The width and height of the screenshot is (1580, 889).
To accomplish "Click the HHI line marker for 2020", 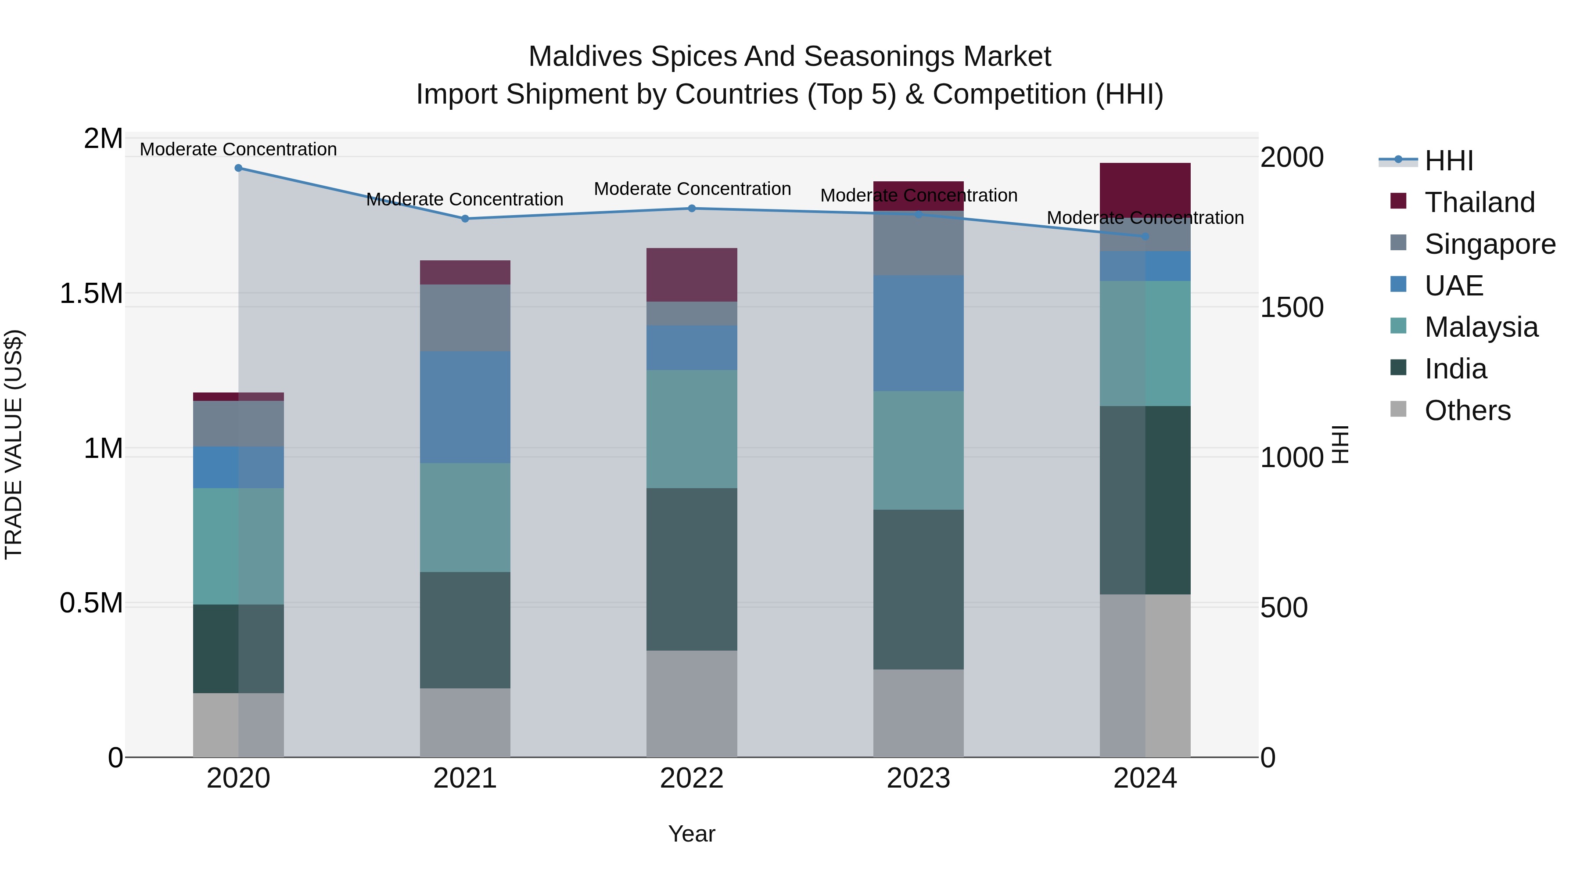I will (239, 168).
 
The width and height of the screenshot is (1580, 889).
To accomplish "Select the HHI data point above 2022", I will (692, 209).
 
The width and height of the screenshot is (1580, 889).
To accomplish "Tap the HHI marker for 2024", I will (1145, 236).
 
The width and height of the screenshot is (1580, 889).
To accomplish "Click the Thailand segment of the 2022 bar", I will (692, 274).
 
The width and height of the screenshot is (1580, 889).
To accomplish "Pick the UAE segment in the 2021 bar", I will (465, 407).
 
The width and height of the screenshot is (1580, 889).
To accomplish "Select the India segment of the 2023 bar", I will (918, 589).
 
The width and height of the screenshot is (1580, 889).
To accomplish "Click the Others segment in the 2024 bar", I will (1145, 675).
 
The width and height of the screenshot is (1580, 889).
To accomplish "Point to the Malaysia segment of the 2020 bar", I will (239, 546).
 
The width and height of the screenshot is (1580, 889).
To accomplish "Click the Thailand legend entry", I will (1479, 202).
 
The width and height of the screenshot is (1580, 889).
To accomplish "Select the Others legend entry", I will (1467, 410).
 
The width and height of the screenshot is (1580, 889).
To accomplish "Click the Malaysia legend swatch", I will (1398, 326).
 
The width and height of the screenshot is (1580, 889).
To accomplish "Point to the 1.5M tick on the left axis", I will (91, 294).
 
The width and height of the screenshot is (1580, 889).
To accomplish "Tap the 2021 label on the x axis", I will (465, 778).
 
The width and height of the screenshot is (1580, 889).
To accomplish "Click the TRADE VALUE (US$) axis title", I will (14, 444).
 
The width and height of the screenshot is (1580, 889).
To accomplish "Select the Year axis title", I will (691, 834).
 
